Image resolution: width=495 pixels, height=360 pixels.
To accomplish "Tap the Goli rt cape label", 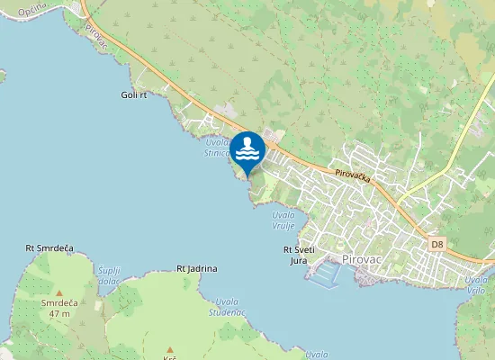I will pyautogui.click(x=133, y=94).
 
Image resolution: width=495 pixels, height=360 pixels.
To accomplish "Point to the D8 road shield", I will pyautogui.click(x=437, y=244).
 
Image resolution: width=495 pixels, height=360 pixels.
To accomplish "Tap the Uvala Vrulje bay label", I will pyautogui.click(x=284, y=220).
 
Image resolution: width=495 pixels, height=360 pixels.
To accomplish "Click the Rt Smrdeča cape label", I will pyautogui.click(x=49, y=247).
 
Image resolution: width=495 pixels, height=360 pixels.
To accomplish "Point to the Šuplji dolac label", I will pyautogui.click(x=110, y=274).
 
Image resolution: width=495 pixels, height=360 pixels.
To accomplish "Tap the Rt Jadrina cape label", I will pyautogui.click(x=197, y=268).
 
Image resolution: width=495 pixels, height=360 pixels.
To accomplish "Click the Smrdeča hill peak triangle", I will pyautogui.click(x=59, y=292).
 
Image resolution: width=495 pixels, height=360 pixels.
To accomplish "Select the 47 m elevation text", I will pyautogui.click(x=60, y=313).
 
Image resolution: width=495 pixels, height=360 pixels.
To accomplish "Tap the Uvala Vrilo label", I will pyautogui.click(x=477, y=284).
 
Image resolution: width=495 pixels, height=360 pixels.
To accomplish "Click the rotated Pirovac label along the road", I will pyautogui.click(x=96, y=33).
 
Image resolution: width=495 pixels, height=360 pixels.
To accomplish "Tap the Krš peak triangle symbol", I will pyautogui.click(x=169, y=348).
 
